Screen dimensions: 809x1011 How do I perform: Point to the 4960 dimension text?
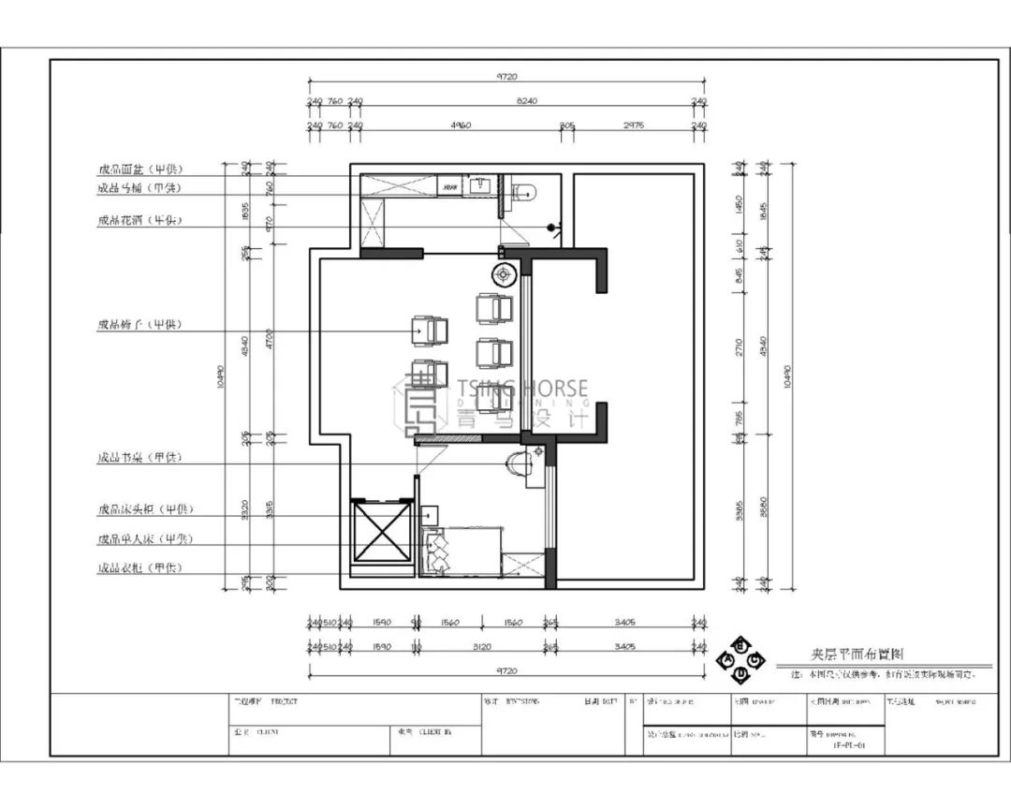click(x=460, y=125)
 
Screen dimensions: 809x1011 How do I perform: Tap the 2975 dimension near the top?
click(x=633, y=125)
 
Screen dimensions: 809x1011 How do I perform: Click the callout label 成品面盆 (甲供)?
click(x=139, y=169)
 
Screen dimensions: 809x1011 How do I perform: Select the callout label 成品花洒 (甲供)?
click(x=139, y=221)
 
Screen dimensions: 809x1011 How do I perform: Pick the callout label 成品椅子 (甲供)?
click(x=139, y=325)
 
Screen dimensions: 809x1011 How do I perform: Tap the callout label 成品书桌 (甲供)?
click(x=139, y=458)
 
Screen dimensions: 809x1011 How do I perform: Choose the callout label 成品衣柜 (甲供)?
click(x=139, y=568)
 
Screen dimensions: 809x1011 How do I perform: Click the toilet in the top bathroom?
click(x=526, y=194)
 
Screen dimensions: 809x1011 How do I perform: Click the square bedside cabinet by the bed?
click(x=430, y=515)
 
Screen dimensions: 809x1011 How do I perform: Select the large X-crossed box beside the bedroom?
click(x=381, y=532)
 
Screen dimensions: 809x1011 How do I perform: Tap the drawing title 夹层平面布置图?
click(x=857, y=656)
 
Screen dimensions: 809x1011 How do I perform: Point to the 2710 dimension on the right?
click(x=740, y=348)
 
